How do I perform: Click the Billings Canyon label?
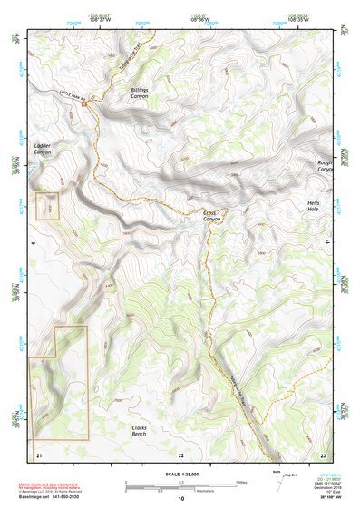pos(139,93)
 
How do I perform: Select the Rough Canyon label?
pos(326,166)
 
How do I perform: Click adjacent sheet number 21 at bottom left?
pos(39,454)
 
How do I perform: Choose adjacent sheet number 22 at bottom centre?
pos(180,454)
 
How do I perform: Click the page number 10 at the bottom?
pos(180,498)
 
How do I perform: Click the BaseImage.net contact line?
pos(64,497)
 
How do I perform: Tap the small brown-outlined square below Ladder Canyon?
pos(47,206)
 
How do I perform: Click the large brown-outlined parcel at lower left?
pos(60,390)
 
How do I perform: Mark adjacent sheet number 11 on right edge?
pos(325,242)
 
